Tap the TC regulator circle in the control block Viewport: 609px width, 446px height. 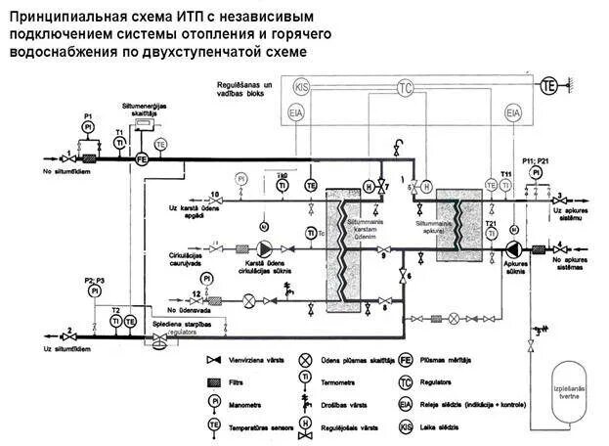click(405, 88)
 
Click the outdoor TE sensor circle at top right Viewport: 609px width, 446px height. click(549, 87)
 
